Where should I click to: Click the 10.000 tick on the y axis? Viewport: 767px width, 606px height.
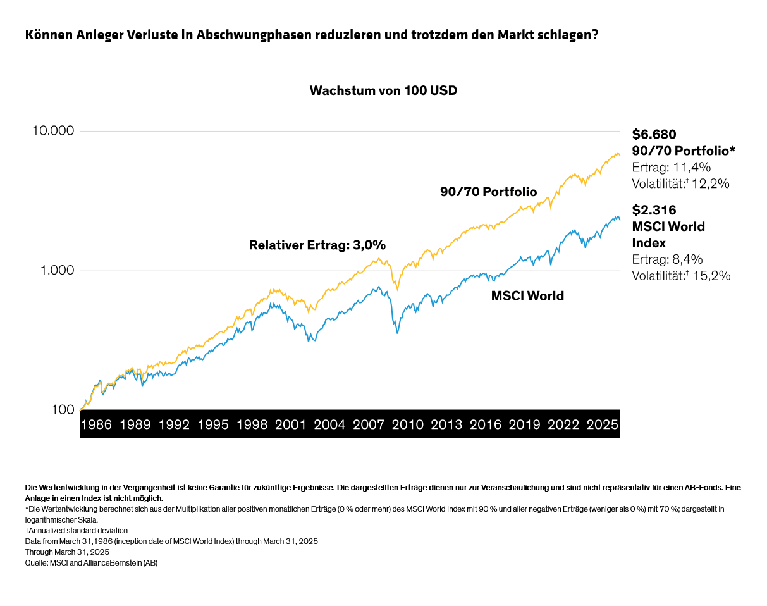52,131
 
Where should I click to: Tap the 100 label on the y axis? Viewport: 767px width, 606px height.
62,410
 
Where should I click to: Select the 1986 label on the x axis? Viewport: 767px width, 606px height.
97,424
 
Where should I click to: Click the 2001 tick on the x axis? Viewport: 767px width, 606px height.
291,424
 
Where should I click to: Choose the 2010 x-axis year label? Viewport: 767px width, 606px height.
408,424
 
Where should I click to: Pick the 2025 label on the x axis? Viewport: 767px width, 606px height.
602,424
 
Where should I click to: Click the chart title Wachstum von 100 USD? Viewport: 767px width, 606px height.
383,90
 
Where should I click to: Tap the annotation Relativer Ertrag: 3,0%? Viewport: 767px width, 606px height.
317,245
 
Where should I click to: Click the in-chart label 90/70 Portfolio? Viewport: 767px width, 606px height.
488,192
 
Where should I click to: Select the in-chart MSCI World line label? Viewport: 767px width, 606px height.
527,295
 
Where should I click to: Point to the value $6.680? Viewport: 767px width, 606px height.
654,134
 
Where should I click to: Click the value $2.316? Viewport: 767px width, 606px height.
654,210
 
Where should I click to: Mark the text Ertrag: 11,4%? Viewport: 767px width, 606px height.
672,168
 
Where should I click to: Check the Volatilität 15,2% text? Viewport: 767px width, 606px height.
681,276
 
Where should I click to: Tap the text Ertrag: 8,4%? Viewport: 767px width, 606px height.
667,259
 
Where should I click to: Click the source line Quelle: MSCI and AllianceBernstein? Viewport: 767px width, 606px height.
91,562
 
